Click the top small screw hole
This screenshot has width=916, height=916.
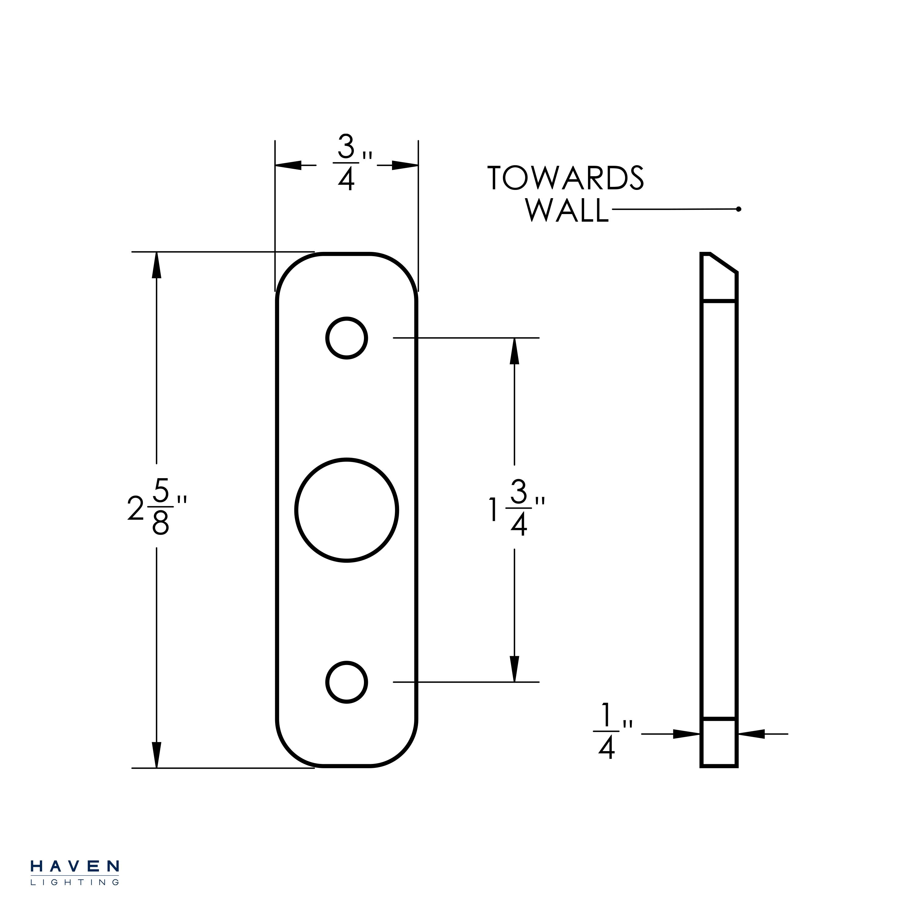pyautogui.click(x=347, y=338)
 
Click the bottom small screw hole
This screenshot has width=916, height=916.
pyautogui.click(x=347, y=682)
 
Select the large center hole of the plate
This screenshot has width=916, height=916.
pyautogui.click(x=347, y=510)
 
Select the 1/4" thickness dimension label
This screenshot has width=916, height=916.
pyautogui.click(x=612, y=738)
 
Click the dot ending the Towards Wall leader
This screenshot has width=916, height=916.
pyautogui.click(x=738, y=209)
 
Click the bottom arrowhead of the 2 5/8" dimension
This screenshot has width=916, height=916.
pyautogui.click(x=156, y=754)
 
